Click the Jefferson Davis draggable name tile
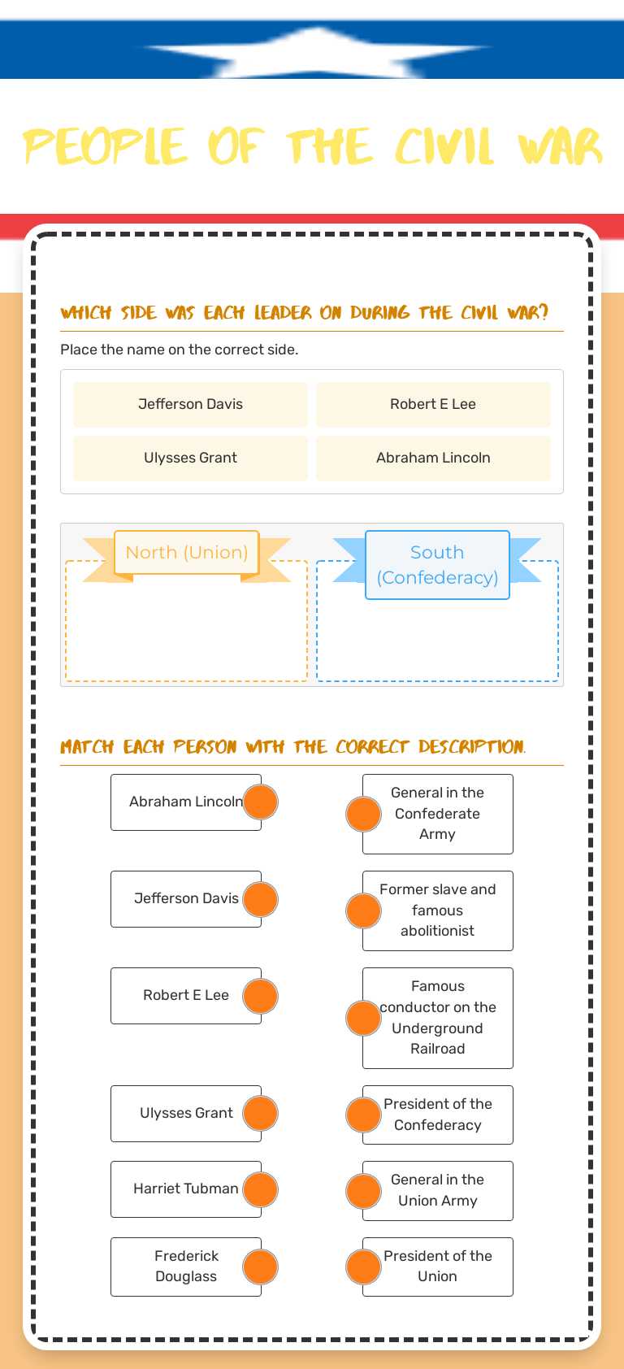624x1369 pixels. pos(190,404)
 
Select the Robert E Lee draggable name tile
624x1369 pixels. pos(433,404)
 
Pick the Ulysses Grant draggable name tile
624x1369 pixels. pos(190,458)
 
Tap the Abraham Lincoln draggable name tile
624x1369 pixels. pos(433,458)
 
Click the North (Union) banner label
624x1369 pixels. pos(187,553)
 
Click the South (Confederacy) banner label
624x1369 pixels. pos(437,565)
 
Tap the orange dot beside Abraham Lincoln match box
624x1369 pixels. pos(261,802)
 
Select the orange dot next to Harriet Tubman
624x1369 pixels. pos(261,1189)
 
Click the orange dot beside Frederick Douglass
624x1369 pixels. pos(261,1267)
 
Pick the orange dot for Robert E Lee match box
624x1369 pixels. pos(261,996)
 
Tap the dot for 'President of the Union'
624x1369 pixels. pos(363,1267)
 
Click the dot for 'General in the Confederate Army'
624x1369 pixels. pos(363,814)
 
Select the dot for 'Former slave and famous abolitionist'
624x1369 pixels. pos(363,910)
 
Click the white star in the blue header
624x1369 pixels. pos(317,50)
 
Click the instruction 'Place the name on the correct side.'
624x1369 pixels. pos(179,350)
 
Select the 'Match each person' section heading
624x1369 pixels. pos(292,747)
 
